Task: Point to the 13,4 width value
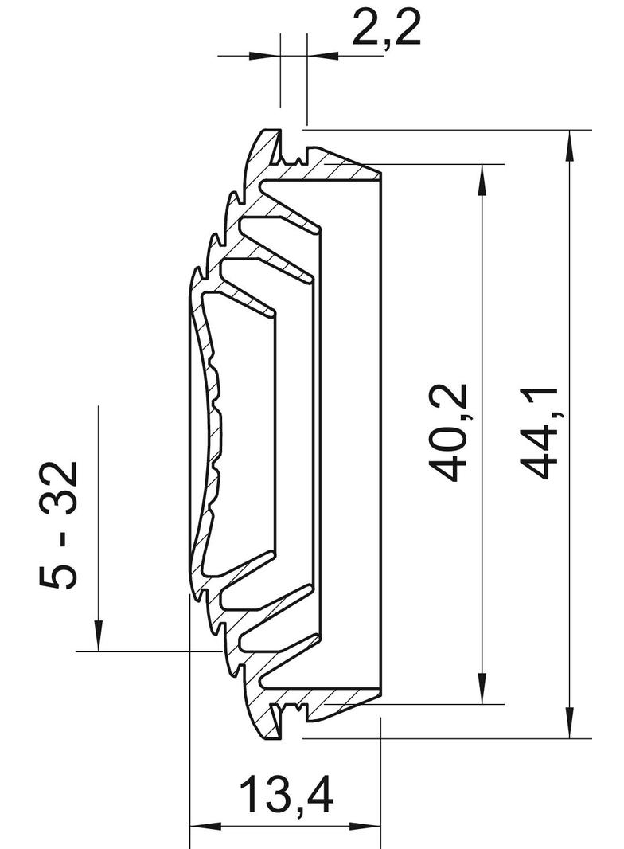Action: [286, 794]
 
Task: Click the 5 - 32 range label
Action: [58, 525]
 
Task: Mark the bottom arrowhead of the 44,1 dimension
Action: [569, 722]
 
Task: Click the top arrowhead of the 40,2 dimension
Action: [481, 179]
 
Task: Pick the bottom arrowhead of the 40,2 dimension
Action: [481, 689]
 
